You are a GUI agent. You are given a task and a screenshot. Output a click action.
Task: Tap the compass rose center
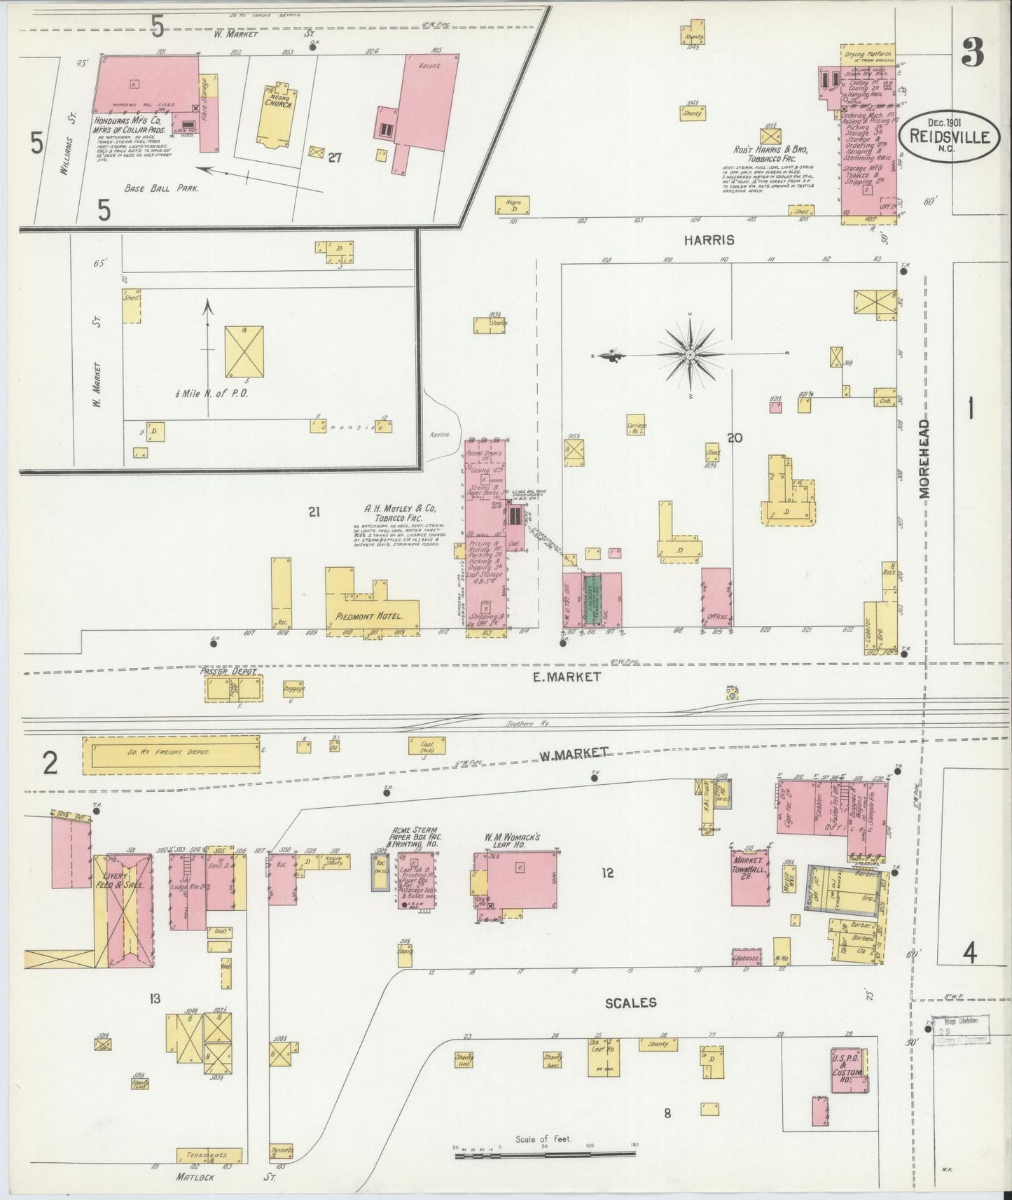click(691, 356)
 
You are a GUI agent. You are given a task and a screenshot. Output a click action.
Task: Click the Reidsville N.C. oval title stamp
click(950, 138)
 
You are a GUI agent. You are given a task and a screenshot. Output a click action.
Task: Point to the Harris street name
click(710, 240)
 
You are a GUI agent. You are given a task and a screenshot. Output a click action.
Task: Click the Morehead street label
click(924, 458)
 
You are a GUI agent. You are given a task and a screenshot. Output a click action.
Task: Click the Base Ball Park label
click(161, 188)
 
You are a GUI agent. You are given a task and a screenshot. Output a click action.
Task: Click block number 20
click(734, 438)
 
